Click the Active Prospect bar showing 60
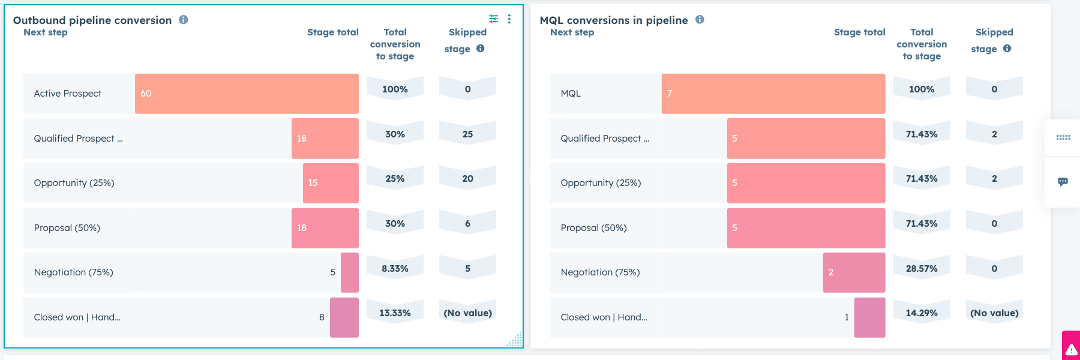(247, 94)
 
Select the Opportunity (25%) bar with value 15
(331, 183)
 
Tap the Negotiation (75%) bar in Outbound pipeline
(349, 272)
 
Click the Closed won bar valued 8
(344, 317)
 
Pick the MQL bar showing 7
(773, 94)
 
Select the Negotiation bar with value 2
(854, 272)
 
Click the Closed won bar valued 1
(869, 317)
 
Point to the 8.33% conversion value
(395, 268)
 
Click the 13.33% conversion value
(395, 313)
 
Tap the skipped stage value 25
(467, 134)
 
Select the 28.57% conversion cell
(922, 268)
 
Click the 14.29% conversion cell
(922, 313)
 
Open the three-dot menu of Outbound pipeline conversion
(509, 19)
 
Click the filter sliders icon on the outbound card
(493, 19)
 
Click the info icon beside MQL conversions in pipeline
(700, 19)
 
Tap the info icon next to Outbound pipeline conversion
(184, 19)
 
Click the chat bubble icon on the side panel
(1063, 182)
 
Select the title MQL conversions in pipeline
(614, 20)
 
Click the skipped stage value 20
(467, 179)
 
